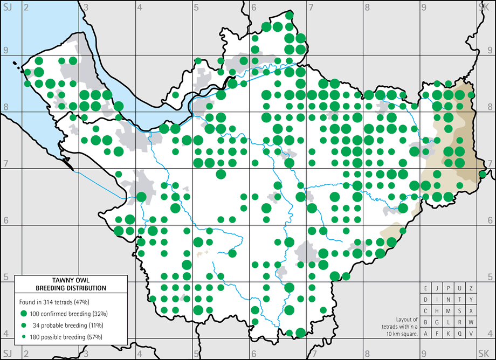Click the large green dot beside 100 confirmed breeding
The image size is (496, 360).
click(23, 313)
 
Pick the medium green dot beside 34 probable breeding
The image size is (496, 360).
click(23, 325)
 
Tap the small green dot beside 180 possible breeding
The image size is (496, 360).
click(23, 337)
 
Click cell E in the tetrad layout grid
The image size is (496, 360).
click(426, 288)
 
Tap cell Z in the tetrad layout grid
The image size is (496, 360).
click(471, 288)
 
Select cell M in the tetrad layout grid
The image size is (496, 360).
click(449, 310)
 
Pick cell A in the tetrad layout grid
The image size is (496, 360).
click(426, 333)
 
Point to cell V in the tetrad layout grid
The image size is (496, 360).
click(471, 333)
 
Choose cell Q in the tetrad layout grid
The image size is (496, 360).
click(460, 333)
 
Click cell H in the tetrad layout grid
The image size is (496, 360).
click(437, 310)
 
